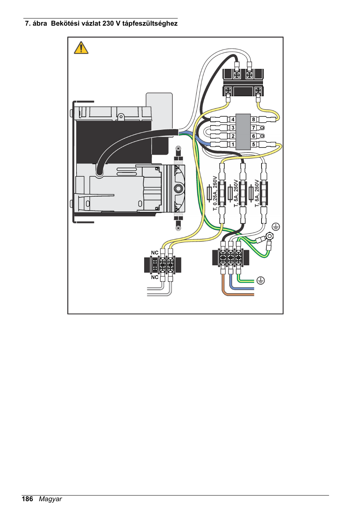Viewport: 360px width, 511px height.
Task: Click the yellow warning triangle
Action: [x=81, y=48]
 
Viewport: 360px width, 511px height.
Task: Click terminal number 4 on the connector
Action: [x=233, y=119]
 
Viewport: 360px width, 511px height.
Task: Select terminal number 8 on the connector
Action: [x=254, y=119]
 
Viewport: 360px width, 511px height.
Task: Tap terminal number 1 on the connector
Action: [x=233, y=144]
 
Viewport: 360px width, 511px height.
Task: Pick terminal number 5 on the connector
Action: [x=254, y=144]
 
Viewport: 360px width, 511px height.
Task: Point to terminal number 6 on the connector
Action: [x=254, y=136]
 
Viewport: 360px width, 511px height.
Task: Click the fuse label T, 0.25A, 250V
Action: [x=215, y=193]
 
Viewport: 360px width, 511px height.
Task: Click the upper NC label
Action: [x=155, y=253]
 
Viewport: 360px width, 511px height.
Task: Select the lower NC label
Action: [x=155, y=277]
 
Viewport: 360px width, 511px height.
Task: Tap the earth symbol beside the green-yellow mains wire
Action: [x=260, y=280]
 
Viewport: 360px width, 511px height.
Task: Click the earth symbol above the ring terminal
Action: [x=276, y=226]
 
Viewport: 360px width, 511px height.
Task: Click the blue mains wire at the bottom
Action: [x=242, y=288]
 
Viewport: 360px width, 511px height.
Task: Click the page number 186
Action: [x=28, y=499]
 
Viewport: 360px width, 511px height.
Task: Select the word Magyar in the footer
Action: [x=50, y=499]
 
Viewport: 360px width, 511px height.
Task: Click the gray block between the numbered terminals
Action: [x=243, y=132]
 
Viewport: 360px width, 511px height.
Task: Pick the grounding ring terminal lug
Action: [x=269, y=237]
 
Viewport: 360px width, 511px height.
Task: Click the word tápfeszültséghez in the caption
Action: [x=150, y=23]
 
